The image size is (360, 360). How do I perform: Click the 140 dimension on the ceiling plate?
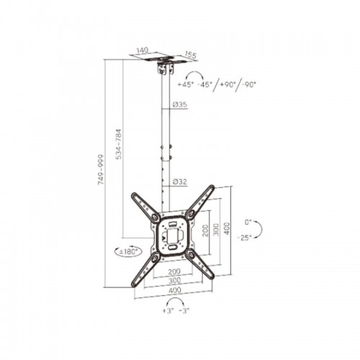tap(143, 50)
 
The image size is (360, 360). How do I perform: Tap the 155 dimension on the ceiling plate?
tap(191, 55)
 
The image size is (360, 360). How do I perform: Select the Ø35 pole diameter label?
tap(180, 104)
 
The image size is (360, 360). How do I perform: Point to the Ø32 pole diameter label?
tap(180, 182)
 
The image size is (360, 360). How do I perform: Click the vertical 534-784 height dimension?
tap(119, 144)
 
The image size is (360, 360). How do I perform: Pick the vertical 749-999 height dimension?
tap(101, 169)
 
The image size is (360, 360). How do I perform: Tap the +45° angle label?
tap(186, 84)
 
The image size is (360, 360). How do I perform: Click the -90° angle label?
tap(248, 84)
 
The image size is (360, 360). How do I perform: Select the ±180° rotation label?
tap(128, 252)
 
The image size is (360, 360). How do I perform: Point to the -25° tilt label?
tap(244, 238)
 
